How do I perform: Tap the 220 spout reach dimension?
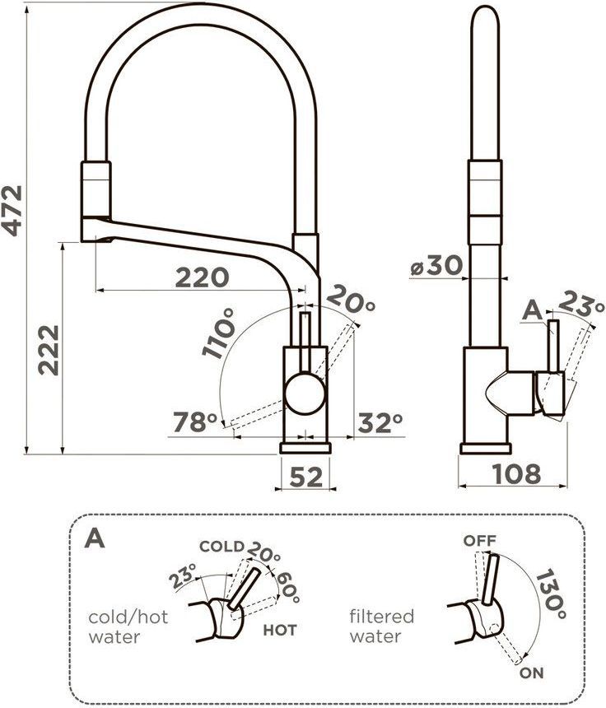click(201, 277)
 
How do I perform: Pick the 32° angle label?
click(380, 422)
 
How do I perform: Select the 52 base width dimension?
click(305, 476)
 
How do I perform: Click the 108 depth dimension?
click(517, 474)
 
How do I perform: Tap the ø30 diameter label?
click(436, 265)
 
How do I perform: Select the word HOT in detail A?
click(279, 631)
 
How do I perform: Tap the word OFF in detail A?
click(480, 540)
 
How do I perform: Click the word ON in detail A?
click(532, 673)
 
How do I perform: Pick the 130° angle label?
click(551, 594)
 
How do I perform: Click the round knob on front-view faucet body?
click(305, 391)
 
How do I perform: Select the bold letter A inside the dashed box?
click(96, 538)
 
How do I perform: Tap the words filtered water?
click(381, 626)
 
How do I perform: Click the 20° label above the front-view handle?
click(350, 302)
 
